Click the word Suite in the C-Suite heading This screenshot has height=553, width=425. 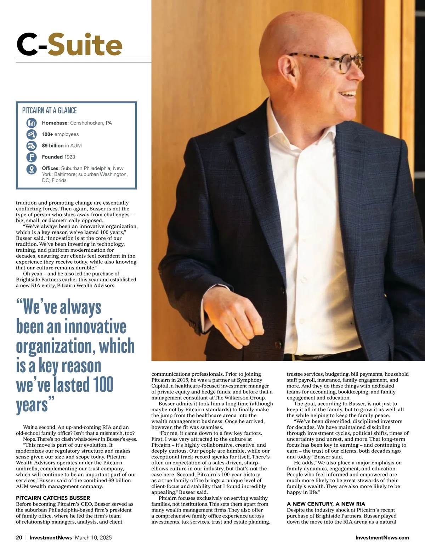[x=85, y=45]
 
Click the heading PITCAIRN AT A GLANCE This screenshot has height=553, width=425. [x=50, y=111]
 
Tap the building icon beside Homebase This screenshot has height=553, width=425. [x=32, y=123]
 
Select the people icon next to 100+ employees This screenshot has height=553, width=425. [x=32, y=134]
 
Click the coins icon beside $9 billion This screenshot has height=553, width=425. [x=32, y=146]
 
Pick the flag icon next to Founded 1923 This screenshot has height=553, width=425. [x=32, y=157]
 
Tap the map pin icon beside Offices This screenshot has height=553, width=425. [x=32, y=169]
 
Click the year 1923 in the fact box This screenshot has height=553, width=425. [x=70, y=157]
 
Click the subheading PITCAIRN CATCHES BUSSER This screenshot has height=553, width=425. [x=53, y=498]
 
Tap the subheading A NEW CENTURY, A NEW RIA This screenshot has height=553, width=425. [x=326, y=504]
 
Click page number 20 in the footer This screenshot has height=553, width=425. [x=19, y=537]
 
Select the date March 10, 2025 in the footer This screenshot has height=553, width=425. [x=93, y=537]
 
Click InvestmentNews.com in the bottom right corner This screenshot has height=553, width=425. [x=382, y=537]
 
